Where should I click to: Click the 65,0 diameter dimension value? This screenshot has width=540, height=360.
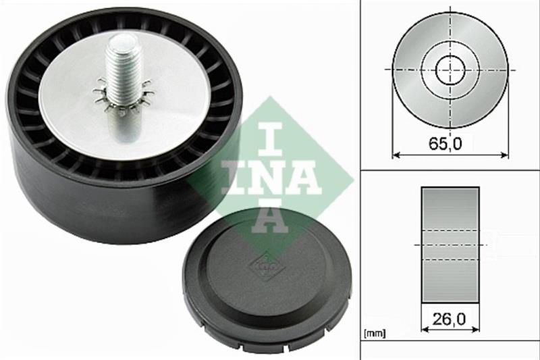point(446,143)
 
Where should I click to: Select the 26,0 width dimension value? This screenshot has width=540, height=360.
point(449,319)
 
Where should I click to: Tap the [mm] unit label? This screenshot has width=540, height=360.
point(375,333)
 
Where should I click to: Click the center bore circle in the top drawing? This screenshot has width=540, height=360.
point(450,70)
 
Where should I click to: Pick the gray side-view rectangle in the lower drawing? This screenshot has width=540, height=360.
point(450,245)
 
